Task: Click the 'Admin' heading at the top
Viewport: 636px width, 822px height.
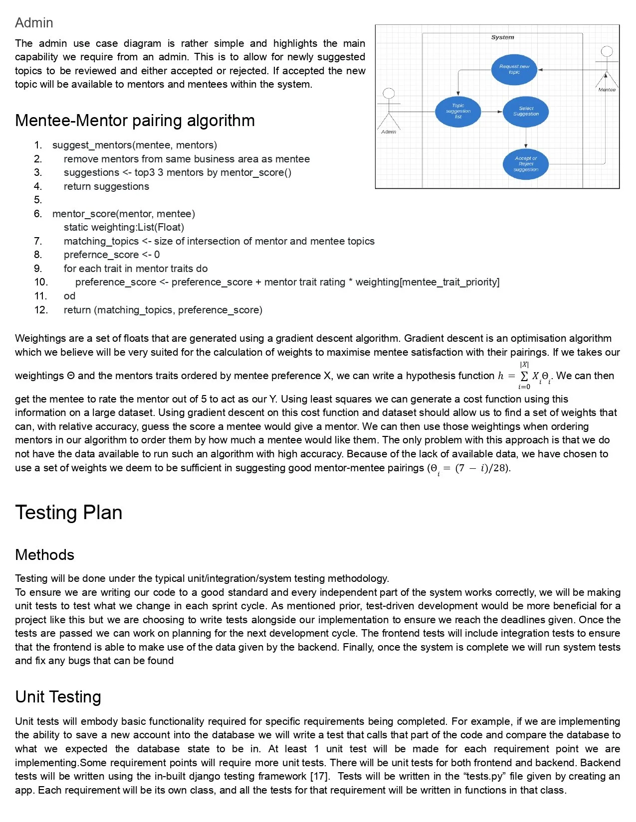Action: tap(34, 23)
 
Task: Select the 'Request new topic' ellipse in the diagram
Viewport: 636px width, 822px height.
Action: tap(514, 69)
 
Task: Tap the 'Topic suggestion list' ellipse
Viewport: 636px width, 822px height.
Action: tap(458, 111)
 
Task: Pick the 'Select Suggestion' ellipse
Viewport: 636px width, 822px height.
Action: tap(526, 111)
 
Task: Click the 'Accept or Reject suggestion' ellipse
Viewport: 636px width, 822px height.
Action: tap(526, 164)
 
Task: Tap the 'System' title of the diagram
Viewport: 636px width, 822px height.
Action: tap(502, 37)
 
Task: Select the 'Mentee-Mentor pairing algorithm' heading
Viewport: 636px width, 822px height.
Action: tap(135, 121)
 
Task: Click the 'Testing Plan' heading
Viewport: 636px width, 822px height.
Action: tap(68, 513)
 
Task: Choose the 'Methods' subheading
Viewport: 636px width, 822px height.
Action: tap(44, 555)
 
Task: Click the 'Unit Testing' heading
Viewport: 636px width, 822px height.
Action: tap(58, 697)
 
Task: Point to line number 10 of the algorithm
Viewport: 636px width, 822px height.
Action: tap(40, 282)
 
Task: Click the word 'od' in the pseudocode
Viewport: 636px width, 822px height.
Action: tap(69, 296)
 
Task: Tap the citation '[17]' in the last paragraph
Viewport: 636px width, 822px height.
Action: tap(320, 776)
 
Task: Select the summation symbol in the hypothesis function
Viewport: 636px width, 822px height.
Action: tap(524, 376)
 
